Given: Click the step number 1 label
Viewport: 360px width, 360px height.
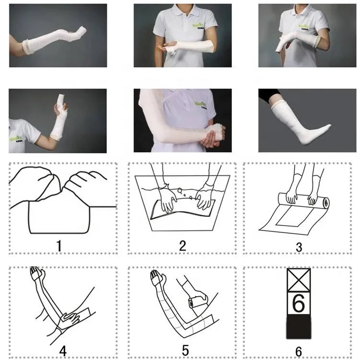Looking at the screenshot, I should click(59, 246).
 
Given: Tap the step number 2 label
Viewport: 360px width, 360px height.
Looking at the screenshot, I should click(182, 246).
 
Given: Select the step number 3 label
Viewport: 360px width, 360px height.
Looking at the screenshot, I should click(299, 248).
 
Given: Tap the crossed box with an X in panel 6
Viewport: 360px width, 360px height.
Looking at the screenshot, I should click(299, 279).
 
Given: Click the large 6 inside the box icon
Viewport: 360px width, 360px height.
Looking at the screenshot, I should click(299, 303).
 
